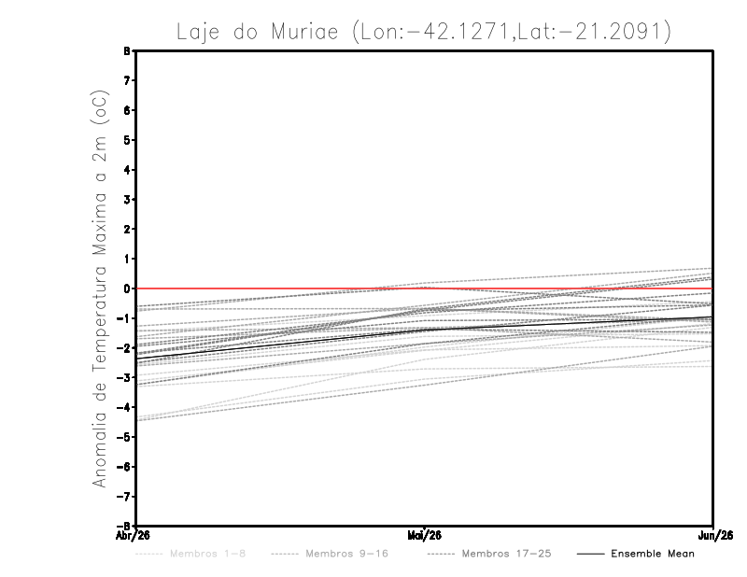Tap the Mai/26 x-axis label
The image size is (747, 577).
coord(425,535)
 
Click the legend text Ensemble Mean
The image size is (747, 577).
coord(653,554)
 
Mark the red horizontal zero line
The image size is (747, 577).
coord(280,288)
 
